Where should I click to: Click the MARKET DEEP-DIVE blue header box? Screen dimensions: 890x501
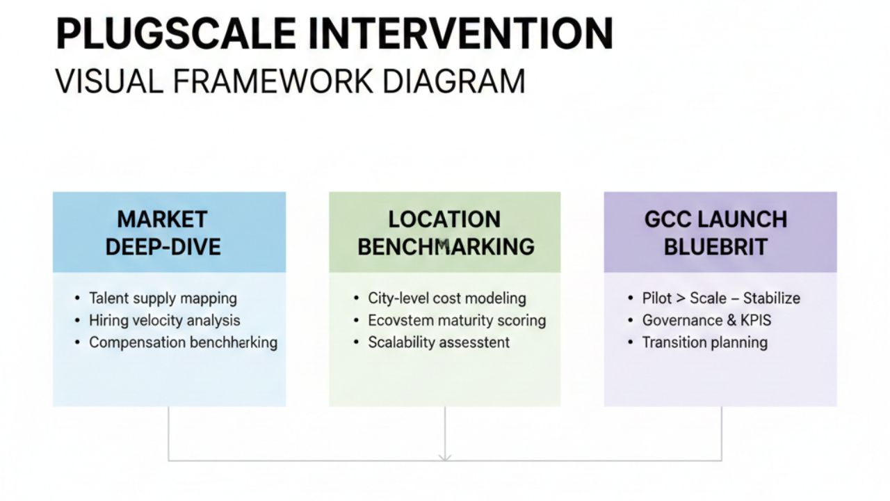pos(169,232)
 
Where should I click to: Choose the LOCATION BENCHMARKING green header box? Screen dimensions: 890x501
pos(445,232)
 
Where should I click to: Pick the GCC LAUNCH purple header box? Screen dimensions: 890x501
pos(720,232)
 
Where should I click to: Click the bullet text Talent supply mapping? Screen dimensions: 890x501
pos(163,299)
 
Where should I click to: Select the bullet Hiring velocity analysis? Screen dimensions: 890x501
pos(164,321)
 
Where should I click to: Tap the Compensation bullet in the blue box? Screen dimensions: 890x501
pos(183,342)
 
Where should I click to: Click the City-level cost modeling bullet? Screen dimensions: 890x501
pos(447,299)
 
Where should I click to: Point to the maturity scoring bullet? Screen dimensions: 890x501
pos(457,321)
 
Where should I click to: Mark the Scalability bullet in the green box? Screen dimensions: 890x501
pos(439,342)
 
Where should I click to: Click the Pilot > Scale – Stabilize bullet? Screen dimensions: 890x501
pos(721,299)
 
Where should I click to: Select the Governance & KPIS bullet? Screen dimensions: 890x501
pos(706,321)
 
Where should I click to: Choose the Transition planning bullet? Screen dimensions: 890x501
pos(704,342)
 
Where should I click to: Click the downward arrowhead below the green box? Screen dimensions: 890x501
pos(445,456)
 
